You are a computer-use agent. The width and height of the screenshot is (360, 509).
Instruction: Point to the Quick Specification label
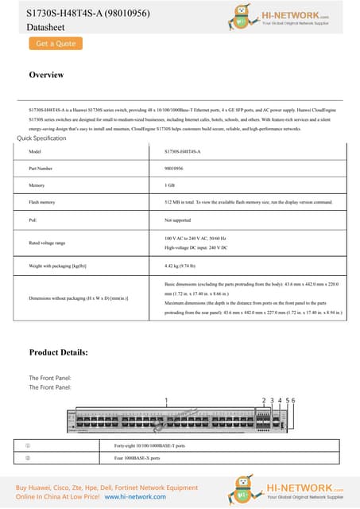[41, 138]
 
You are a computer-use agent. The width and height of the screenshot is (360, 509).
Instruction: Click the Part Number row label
[40, 169]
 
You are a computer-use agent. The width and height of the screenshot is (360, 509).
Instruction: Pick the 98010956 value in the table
[173, 169]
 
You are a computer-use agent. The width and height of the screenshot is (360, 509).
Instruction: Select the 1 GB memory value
[169, 185]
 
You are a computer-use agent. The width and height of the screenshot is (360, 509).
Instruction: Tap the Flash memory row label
[41, 202]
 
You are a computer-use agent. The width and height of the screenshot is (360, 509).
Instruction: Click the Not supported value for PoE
[178, 219]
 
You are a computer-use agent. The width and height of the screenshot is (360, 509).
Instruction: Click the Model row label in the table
[34, 151]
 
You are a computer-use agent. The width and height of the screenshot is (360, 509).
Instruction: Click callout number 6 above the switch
[294, 399]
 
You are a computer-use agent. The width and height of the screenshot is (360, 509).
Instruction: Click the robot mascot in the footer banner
[246, 488]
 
